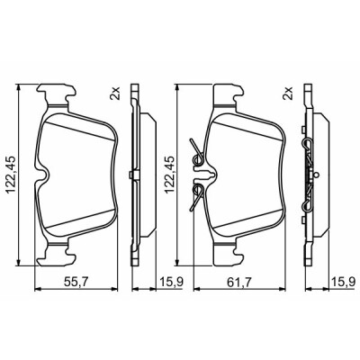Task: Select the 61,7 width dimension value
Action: [x=238, y=282]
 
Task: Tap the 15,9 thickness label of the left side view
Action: [x=172, y=282]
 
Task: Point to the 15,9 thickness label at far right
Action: [x=343, y=282]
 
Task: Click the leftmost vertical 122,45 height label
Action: [x=11, y=175]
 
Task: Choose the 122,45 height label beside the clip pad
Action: [x=170, y=175]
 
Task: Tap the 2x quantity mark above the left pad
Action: [x=115, y=94]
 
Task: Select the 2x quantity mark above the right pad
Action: [x=287, y=94]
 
